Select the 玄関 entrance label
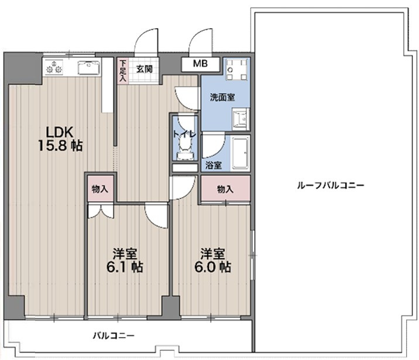[144, 68]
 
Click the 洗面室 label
[222, 97]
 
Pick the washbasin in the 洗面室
[240, 120]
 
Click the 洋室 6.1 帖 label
[126, 260]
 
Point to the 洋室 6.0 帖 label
[215, 260]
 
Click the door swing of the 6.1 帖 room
[156, 217]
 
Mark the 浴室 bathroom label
[214, 165]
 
